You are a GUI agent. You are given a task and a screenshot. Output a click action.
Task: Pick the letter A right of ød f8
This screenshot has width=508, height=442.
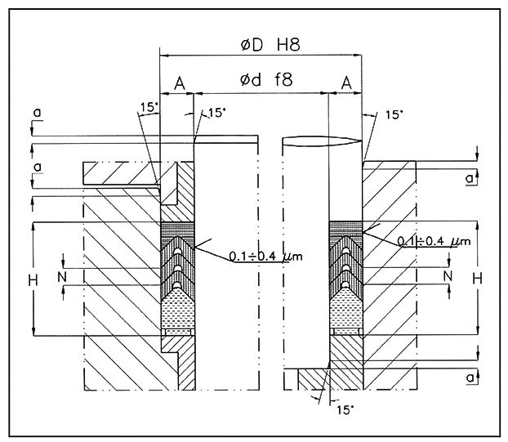(346, 82)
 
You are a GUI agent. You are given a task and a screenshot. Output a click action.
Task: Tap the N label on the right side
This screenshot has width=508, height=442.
(447, 276)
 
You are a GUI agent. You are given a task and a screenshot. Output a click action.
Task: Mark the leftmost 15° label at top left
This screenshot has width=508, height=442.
(147, 106)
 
